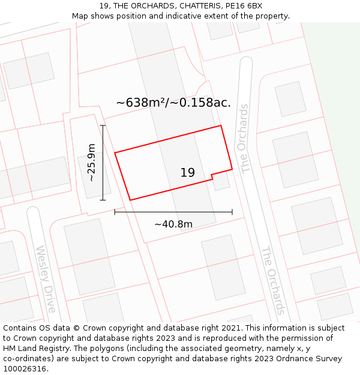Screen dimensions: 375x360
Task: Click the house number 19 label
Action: [x=187, y=173]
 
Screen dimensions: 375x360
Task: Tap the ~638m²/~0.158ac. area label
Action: [x=173, y=103]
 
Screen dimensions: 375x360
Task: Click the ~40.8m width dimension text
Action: [x=173, y=224]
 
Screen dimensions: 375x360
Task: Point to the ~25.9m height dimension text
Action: [x=91, y=163]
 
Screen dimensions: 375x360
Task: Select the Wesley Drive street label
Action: [x=46, y=279]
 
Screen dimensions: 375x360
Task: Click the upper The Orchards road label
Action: [x=243, y=139]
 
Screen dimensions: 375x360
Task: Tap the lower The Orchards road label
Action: [x=272, y=280]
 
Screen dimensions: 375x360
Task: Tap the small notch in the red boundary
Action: [x=212, y=176]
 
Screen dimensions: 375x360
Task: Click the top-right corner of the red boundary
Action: [x=221, y=125]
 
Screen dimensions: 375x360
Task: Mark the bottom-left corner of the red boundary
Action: [x=130, y=200]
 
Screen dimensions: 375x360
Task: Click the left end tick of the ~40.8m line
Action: [x=115, y=212]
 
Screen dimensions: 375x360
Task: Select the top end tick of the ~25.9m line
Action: [x=103, y=125]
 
